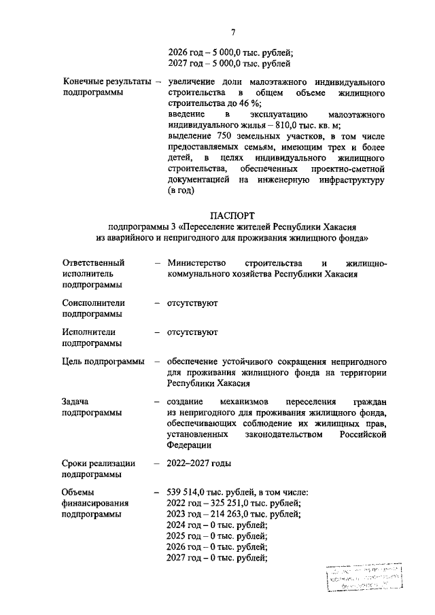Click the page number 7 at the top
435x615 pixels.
(233, 33)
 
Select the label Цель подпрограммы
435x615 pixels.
(103, 361)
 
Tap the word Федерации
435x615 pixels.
(192, 445)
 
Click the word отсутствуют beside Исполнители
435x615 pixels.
(192, 332)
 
